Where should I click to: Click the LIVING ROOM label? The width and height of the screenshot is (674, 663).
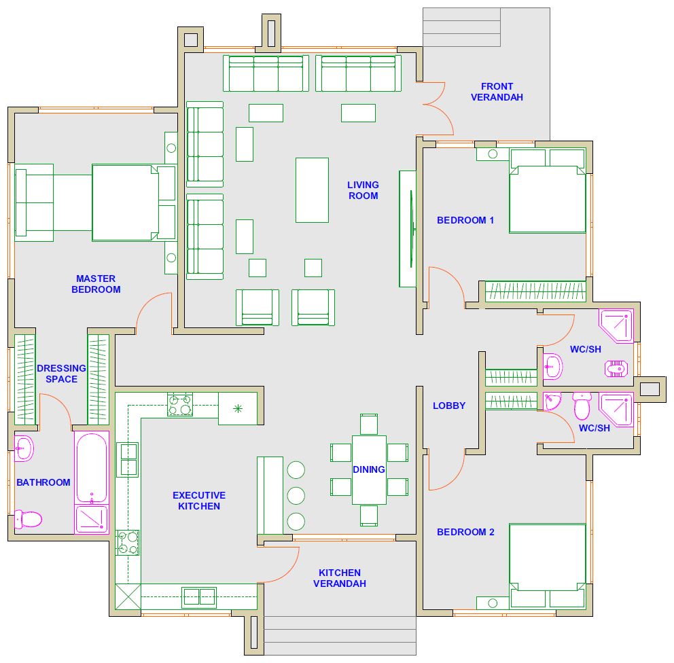tap(363, 190)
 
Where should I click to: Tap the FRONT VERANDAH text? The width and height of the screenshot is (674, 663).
tap(497, 92)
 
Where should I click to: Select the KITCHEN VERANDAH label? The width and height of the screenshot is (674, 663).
tap(340, 578)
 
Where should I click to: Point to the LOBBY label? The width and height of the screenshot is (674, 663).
tap(449, 406)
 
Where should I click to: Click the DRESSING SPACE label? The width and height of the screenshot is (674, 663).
tap(61, 374)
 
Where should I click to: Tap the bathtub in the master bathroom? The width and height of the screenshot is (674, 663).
tap(92, 467)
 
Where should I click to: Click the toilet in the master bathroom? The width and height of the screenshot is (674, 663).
tap(29, 519)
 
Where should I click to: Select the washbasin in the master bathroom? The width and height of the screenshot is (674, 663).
tap(24, 448)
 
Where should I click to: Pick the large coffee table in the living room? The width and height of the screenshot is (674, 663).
tap(312, 190)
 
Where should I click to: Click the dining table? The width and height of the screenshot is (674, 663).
tap(369, 469)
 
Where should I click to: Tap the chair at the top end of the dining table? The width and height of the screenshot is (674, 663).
tap(369, 425)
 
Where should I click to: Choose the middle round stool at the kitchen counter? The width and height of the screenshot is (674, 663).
tap(296, 496)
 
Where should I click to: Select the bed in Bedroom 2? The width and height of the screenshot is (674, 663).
tap(547, 566)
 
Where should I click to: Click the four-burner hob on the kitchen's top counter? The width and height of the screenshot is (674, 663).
tap(179, 404)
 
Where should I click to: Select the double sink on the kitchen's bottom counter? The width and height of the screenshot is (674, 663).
tap(199, 597)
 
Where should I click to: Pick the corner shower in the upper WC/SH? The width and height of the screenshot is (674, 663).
tap(616, 325)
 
